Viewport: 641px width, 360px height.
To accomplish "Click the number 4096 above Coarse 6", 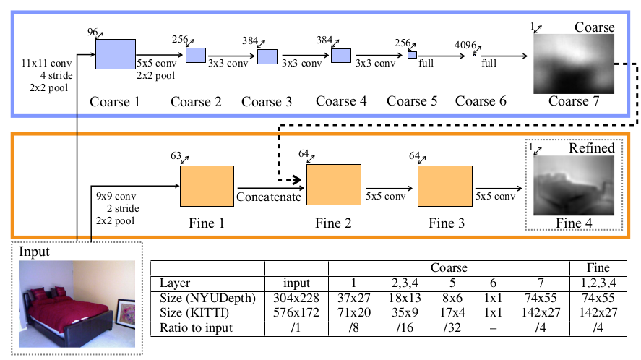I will pyautogui.click(x=465, y=43).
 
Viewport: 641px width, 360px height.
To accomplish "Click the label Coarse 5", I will pyautogui.click(x=412, y=101).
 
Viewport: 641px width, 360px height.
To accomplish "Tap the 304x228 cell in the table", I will pyautogui.click(x=296, y=297).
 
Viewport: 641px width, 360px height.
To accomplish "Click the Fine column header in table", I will pyautogui.click(x=598, y=267).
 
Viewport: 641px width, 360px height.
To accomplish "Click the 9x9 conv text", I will pyautogui.click(x=116, y=196).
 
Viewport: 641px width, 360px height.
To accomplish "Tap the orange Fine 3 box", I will pyautogui.click(x=444, y=187).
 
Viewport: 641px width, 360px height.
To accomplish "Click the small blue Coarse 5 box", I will pyautogui.click(x=413, y=55).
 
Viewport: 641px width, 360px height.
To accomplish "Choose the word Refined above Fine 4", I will pyautogui.click(x=591, y=148).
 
